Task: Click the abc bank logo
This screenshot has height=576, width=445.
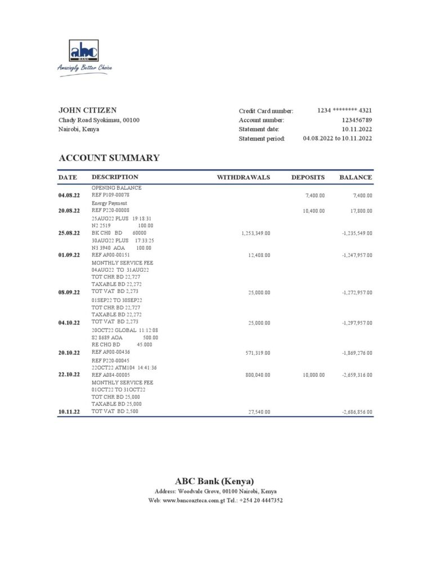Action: (x=84, y=51)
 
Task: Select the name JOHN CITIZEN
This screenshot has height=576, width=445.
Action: (x=88, y=110)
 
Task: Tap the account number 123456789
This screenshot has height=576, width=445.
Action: (x=357, y=120)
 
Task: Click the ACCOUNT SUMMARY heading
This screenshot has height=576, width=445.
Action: (x=109, y=158)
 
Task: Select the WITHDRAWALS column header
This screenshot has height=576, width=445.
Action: (x=244, y=177)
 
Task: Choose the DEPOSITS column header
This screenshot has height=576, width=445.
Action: (x=308, y=177)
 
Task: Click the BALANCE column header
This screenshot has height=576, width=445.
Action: (x=356, y=177)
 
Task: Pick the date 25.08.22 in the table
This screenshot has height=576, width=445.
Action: (x=69, y=232)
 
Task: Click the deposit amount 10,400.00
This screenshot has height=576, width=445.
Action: (x=313, y=210)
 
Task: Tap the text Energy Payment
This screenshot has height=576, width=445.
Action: (x=109, y=203)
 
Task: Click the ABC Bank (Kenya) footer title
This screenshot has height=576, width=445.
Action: (x=214, y=481)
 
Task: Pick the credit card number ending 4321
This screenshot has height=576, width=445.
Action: (x=344, y=111)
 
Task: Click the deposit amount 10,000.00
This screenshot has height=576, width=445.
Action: (x=313, y=375)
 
